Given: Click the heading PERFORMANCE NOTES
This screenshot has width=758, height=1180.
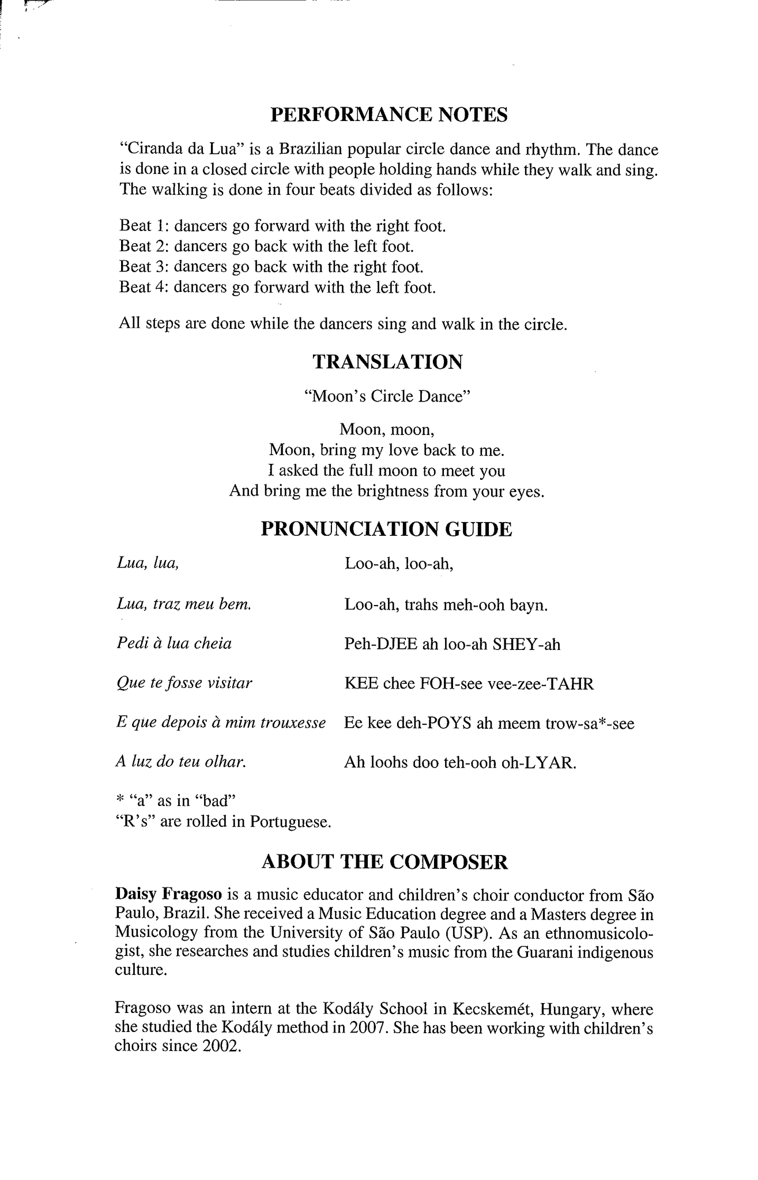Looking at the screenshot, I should pos(389,115).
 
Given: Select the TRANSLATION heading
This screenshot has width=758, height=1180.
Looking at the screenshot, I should pos(387,362).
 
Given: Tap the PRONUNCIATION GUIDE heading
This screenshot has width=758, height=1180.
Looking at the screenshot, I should pos(386,529).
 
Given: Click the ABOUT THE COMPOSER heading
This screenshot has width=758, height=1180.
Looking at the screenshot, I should pos(385,862).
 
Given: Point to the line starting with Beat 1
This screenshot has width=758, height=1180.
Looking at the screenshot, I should pos(282,226).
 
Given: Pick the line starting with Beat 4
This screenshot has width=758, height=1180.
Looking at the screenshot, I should pos(277,287).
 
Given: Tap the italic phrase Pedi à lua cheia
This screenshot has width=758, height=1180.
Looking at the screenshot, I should pos(174,643).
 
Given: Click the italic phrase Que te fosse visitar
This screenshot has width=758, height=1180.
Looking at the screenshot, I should pos(184,683).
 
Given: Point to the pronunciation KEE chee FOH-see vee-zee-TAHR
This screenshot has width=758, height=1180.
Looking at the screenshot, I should pos(469,684).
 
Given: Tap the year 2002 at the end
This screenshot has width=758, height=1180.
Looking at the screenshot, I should pos(220,1047).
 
